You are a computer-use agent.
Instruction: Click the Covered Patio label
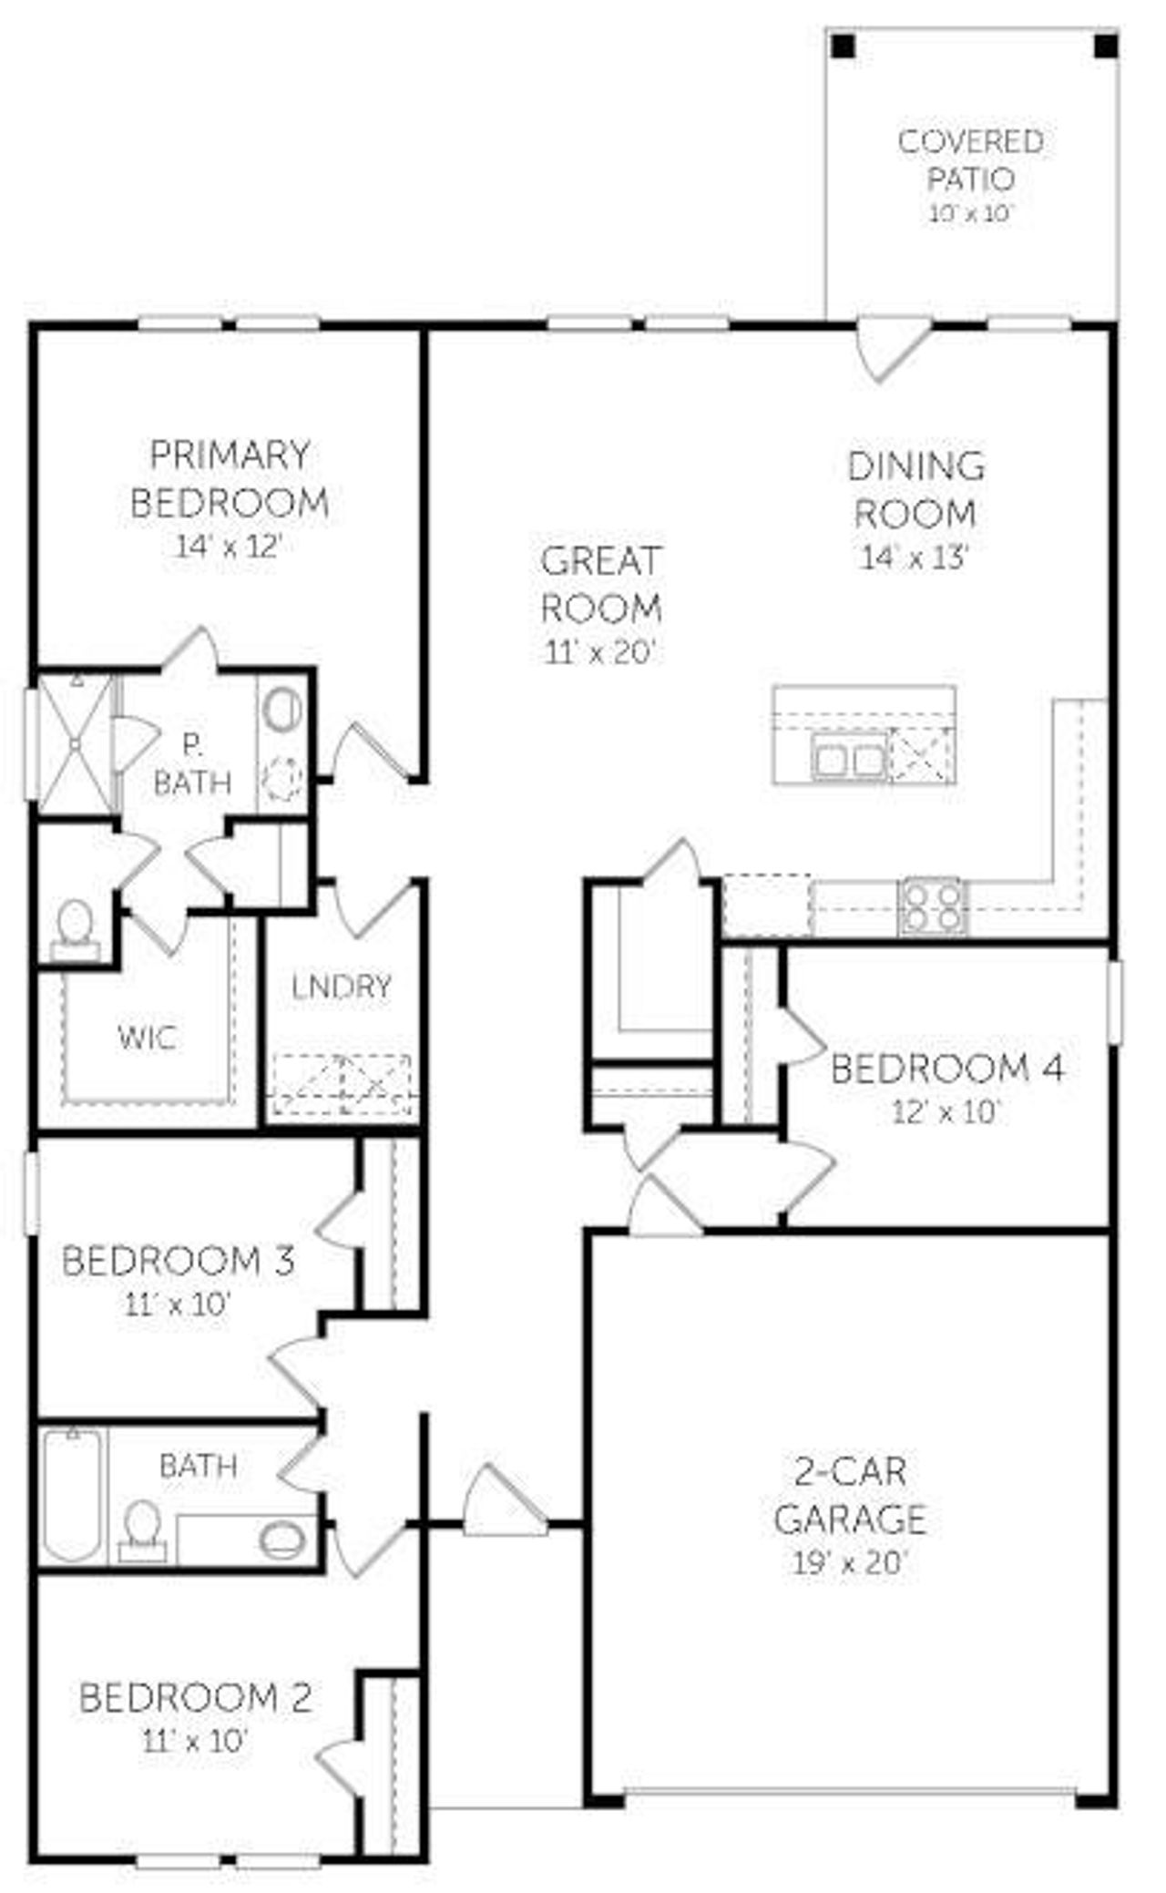click(x=970, y=159)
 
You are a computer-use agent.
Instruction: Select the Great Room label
click(x=600, y=584)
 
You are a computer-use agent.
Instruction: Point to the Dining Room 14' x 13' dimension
click(x=914, y=558)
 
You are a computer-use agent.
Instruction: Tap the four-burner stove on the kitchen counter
click(x=932, y=906)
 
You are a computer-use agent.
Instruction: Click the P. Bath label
click(x=192, y=763)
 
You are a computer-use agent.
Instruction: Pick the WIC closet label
click(x=147, y=1037)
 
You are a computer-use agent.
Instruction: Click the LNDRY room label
click(x=342, y=986)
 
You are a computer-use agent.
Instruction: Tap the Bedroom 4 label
click(x=947, y=1069)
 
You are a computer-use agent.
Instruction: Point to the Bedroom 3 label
click(x=178, y=1261)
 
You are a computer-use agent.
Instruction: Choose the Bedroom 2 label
click(x=195, y=1697)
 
